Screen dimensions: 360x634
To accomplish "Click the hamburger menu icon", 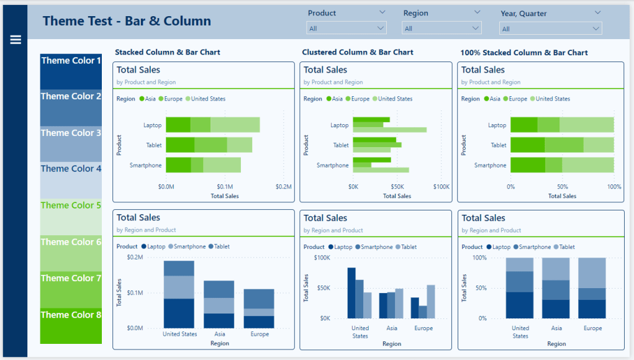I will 16,40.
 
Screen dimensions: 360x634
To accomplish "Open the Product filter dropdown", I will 346,29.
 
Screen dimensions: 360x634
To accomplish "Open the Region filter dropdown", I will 442,29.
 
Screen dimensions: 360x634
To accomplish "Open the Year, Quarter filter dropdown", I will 550,29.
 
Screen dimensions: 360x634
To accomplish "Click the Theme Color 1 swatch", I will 71,71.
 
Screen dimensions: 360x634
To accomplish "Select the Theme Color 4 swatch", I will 71,180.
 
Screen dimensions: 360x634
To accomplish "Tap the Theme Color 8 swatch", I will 71,326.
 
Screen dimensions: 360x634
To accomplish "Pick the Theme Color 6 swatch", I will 71,253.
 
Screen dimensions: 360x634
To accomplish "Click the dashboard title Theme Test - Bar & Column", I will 127,21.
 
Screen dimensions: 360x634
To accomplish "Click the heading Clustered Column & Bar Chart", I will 358,53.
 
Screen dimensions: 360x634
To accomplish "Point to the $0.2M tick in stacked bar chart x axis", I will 283,187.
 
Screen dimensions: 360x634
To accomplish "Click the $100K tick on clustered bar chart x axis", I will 442,187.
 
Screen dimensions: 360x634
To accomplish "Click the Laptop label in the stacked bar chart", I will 152,125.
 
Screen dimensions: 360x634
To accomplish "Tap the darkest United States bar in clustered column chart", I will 351,292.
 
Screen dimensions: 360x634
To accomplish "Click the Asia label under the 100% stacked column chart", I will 556,328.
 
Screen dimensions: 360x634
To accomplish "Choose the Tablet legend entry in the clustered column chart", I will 406,247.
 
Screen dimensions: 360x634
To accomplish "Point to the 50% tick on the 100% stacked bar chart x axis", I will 562,187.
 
